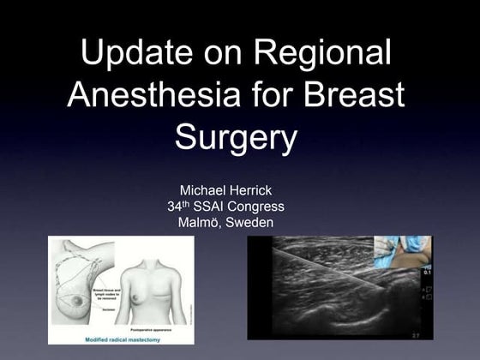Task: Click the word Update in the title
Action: (x=140, y=53)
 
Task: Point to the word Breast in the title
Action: (x=351, y=94)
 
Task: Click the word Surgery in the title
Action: (x=237, y=136)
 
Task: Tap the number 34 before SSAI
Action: (x=176, y=207)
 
